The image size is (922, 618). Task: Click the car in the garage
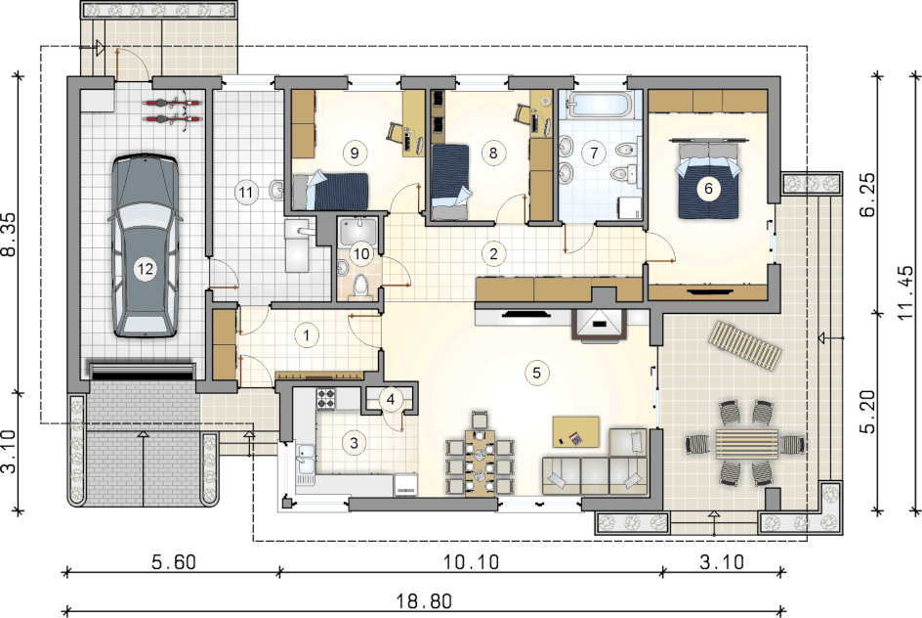(145, 245)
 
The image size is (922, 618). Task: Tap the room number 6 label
(708, 189)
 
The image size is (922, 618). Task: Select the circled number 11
(246, 193)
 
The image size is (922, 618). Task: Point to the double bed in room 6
(708, 178)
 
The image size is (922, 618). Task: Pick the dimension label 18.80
(423, 601)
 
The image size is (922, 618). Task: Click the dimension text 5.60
(174, 562)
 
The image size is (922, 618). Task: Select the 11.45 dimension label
(907, 291)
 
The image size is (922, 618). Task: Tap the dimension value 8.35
(10, 234)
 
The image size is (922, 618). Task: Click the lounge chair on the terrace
(745, 347)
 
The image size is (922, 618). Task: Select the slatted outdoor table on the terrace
(747, 444)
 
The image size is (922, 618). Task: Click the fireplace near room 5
(599, 323)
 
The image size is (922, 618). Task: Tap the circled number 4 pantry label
(391, 400)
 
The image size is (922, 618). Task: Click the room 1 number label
(307, 335)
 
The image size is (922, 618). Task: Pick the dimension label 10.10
(471, 562)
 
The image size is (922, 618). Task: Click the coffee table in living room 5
(575, 432)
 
